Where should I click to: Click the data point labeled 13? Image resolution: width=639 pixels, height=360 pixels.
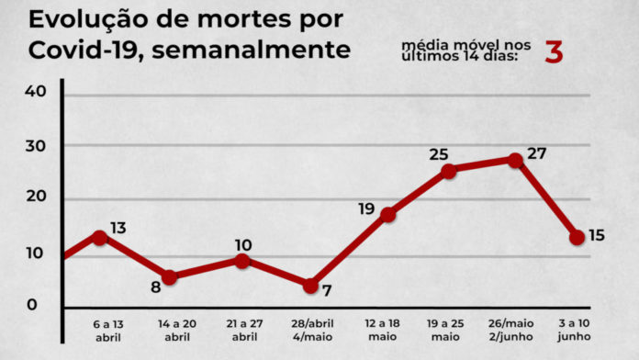[x=99, y=237]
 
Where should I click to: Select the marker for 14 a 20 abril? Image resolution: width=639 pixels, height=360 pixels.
[x=169, y=277]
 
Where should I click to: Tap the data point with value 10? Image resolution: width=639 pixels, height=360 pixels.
[x=241, y=261]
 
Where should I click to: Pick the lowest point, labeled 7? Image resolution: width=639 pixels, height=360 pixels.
[x=310, y=286]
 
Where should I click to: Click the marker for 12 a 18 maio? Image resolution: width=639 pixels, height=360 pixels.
[x=388, y=215]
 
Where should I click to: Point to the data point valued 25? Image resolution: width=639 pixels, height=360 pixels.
[x=448, y=171]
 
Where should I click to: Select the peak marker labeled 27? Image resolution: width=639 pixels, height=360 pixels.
[x=516, y=160]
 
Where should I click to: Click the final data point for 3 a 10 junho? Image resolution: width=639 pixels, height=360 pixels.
[x=577, y=237]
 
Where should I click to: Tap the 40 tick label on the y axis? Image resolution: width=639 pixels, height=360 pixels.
[x=36, y=92]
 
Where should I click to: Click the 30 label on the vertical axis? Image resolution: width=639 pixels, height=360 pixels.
[x=36, y=145]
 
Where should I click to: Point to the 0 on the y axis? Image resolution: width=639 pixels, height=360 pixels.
[x=32, y=306]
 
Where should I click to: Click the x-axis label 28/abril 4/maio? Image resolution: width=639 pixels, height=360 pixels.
[x=310, y=331]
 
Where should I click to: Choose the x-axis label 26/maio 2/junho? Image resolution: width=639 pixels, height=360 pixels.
[x=516, y=331]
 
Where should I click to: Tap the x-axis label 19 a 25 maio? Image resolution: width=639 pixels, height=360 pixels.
[x=448, y=331]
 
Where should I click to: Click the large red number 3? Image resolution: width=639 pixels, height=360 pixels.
[x=554, y=52]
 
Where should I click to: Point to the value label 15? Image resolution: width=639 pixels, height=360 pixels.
[x=596, y=236]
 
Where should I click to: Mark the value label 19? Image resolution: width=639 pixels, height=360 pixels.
[x=367, y=209]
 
